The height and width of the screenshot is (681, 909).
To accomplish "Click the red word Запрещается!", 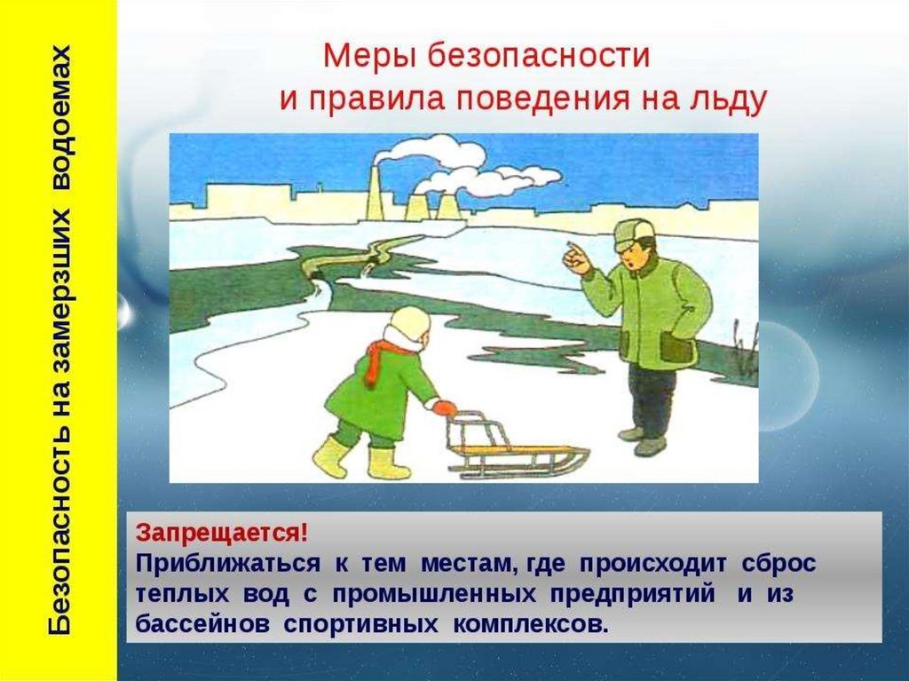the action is pos(222,533).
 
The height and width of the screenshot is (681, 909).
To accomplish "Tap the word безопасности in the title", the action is pos(539,56).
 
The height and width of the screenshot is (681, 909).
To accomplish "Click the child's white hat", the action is pos(410,322).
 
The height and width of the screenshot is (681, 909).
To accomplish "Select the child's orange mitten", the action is pos(444,408).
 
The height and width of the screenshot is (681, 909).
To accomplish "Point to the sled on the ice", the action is pos(510,447).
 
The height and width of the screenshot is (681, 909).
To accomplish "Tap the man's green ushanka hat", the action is pos(634,234).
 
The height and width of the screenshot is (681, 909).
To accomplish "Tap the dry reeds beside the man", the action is pos(743,347).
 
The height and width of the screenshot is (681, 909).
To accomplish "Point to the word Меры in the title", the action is pos(368,56).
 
